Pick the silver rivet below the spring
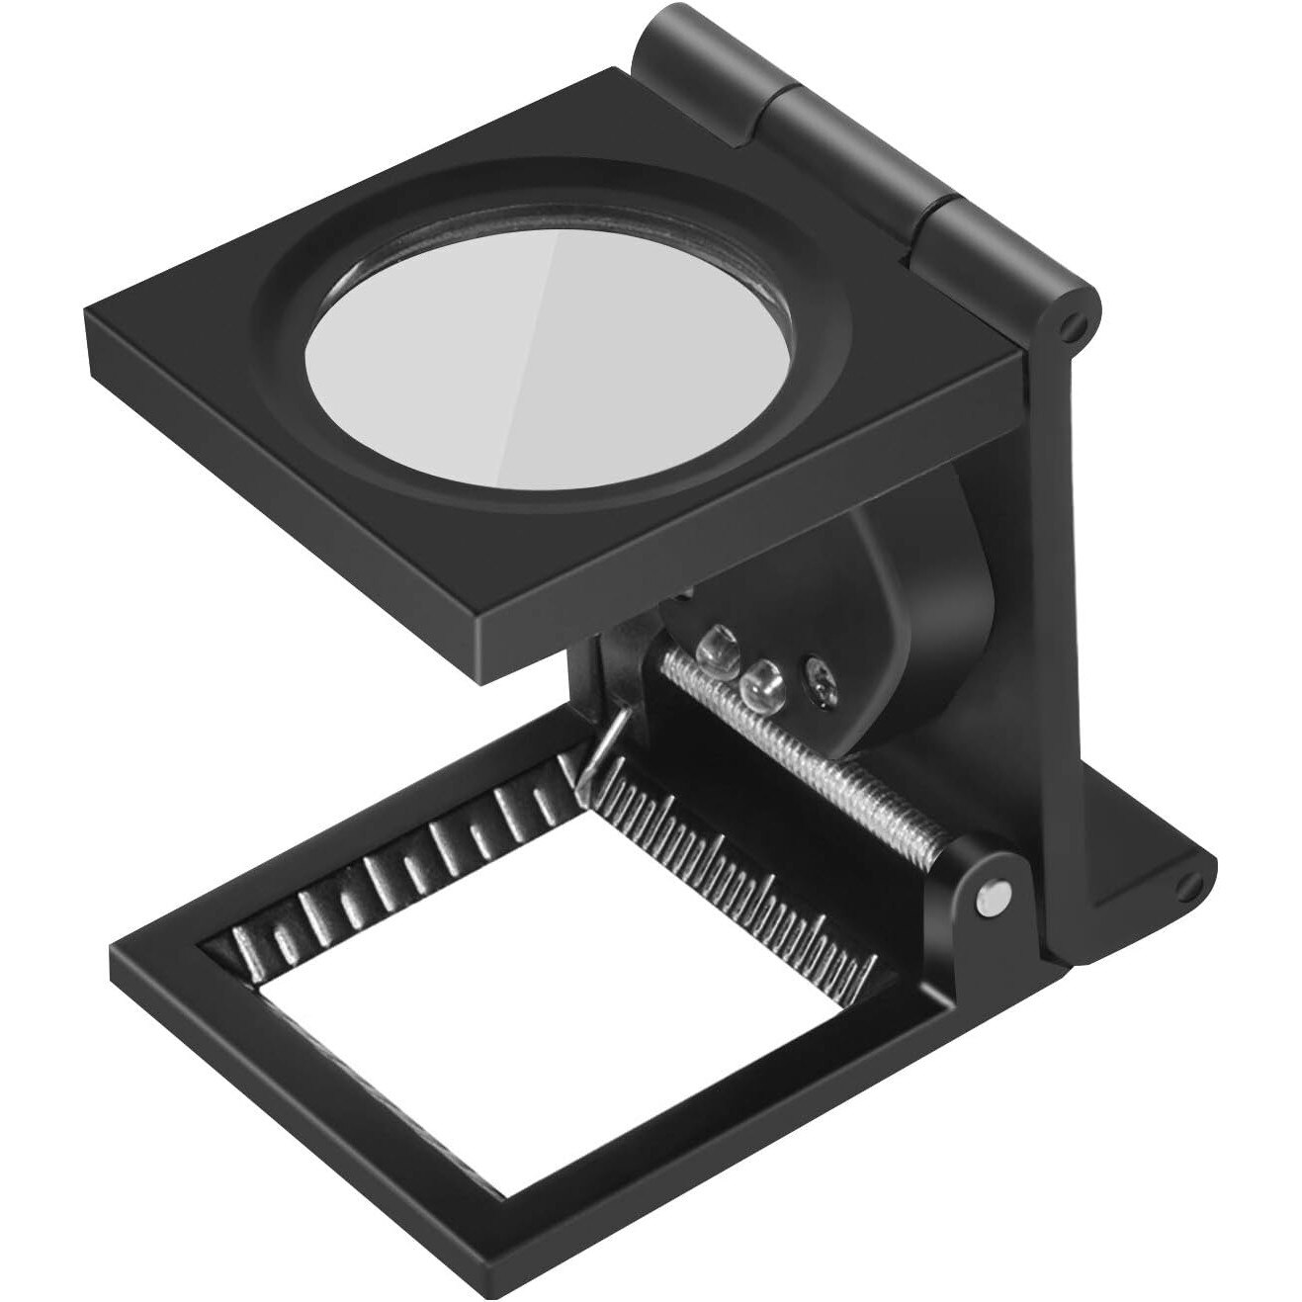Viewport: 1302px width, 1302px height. coord(992,897)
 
